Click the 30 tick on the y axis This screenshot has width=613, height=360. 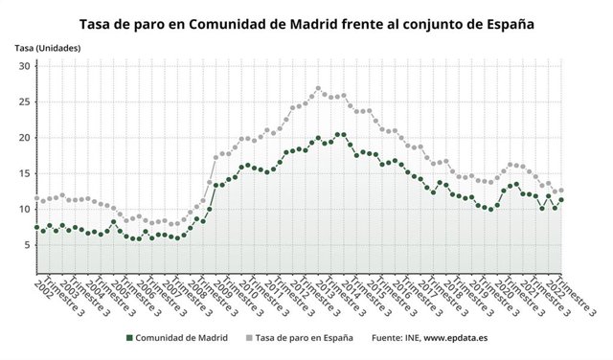[23, 66]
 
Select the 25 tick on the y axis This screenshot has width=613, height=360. [23, 101]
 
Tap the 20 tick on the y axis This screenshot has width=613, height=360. [23, 138]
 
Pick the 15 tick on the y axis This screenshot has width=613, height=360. [23, 173]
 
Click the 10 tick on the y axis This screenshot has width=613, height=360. [23, 209]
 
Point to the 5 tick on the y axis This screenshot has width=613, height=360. [26, 245]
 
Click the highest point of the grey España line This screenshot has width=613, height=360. [318, 89]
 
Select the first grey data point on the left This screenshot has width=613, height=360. [36, 199]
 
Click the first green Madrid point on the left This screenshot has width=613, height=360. [36, 228]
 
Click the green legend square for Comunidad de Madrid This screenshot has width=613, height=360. [128, 337]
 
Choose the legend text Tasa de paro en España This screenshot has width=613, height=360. [302, 337]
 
